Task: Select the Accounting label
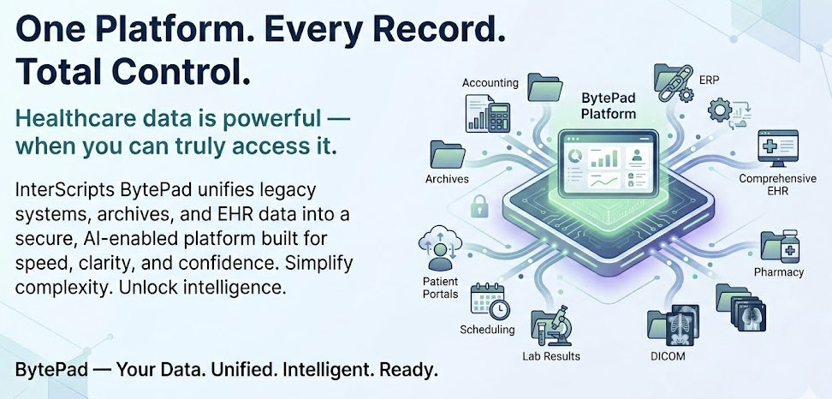[490, 83]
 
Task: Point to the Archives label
[447, 179]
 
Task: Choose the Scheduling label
[487, 330]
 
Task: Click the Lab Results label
[551, 355]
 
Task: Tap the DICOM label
[667, 355]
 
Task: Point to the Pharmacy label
[778, 272]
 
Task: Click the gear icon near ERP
[721, 110]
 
